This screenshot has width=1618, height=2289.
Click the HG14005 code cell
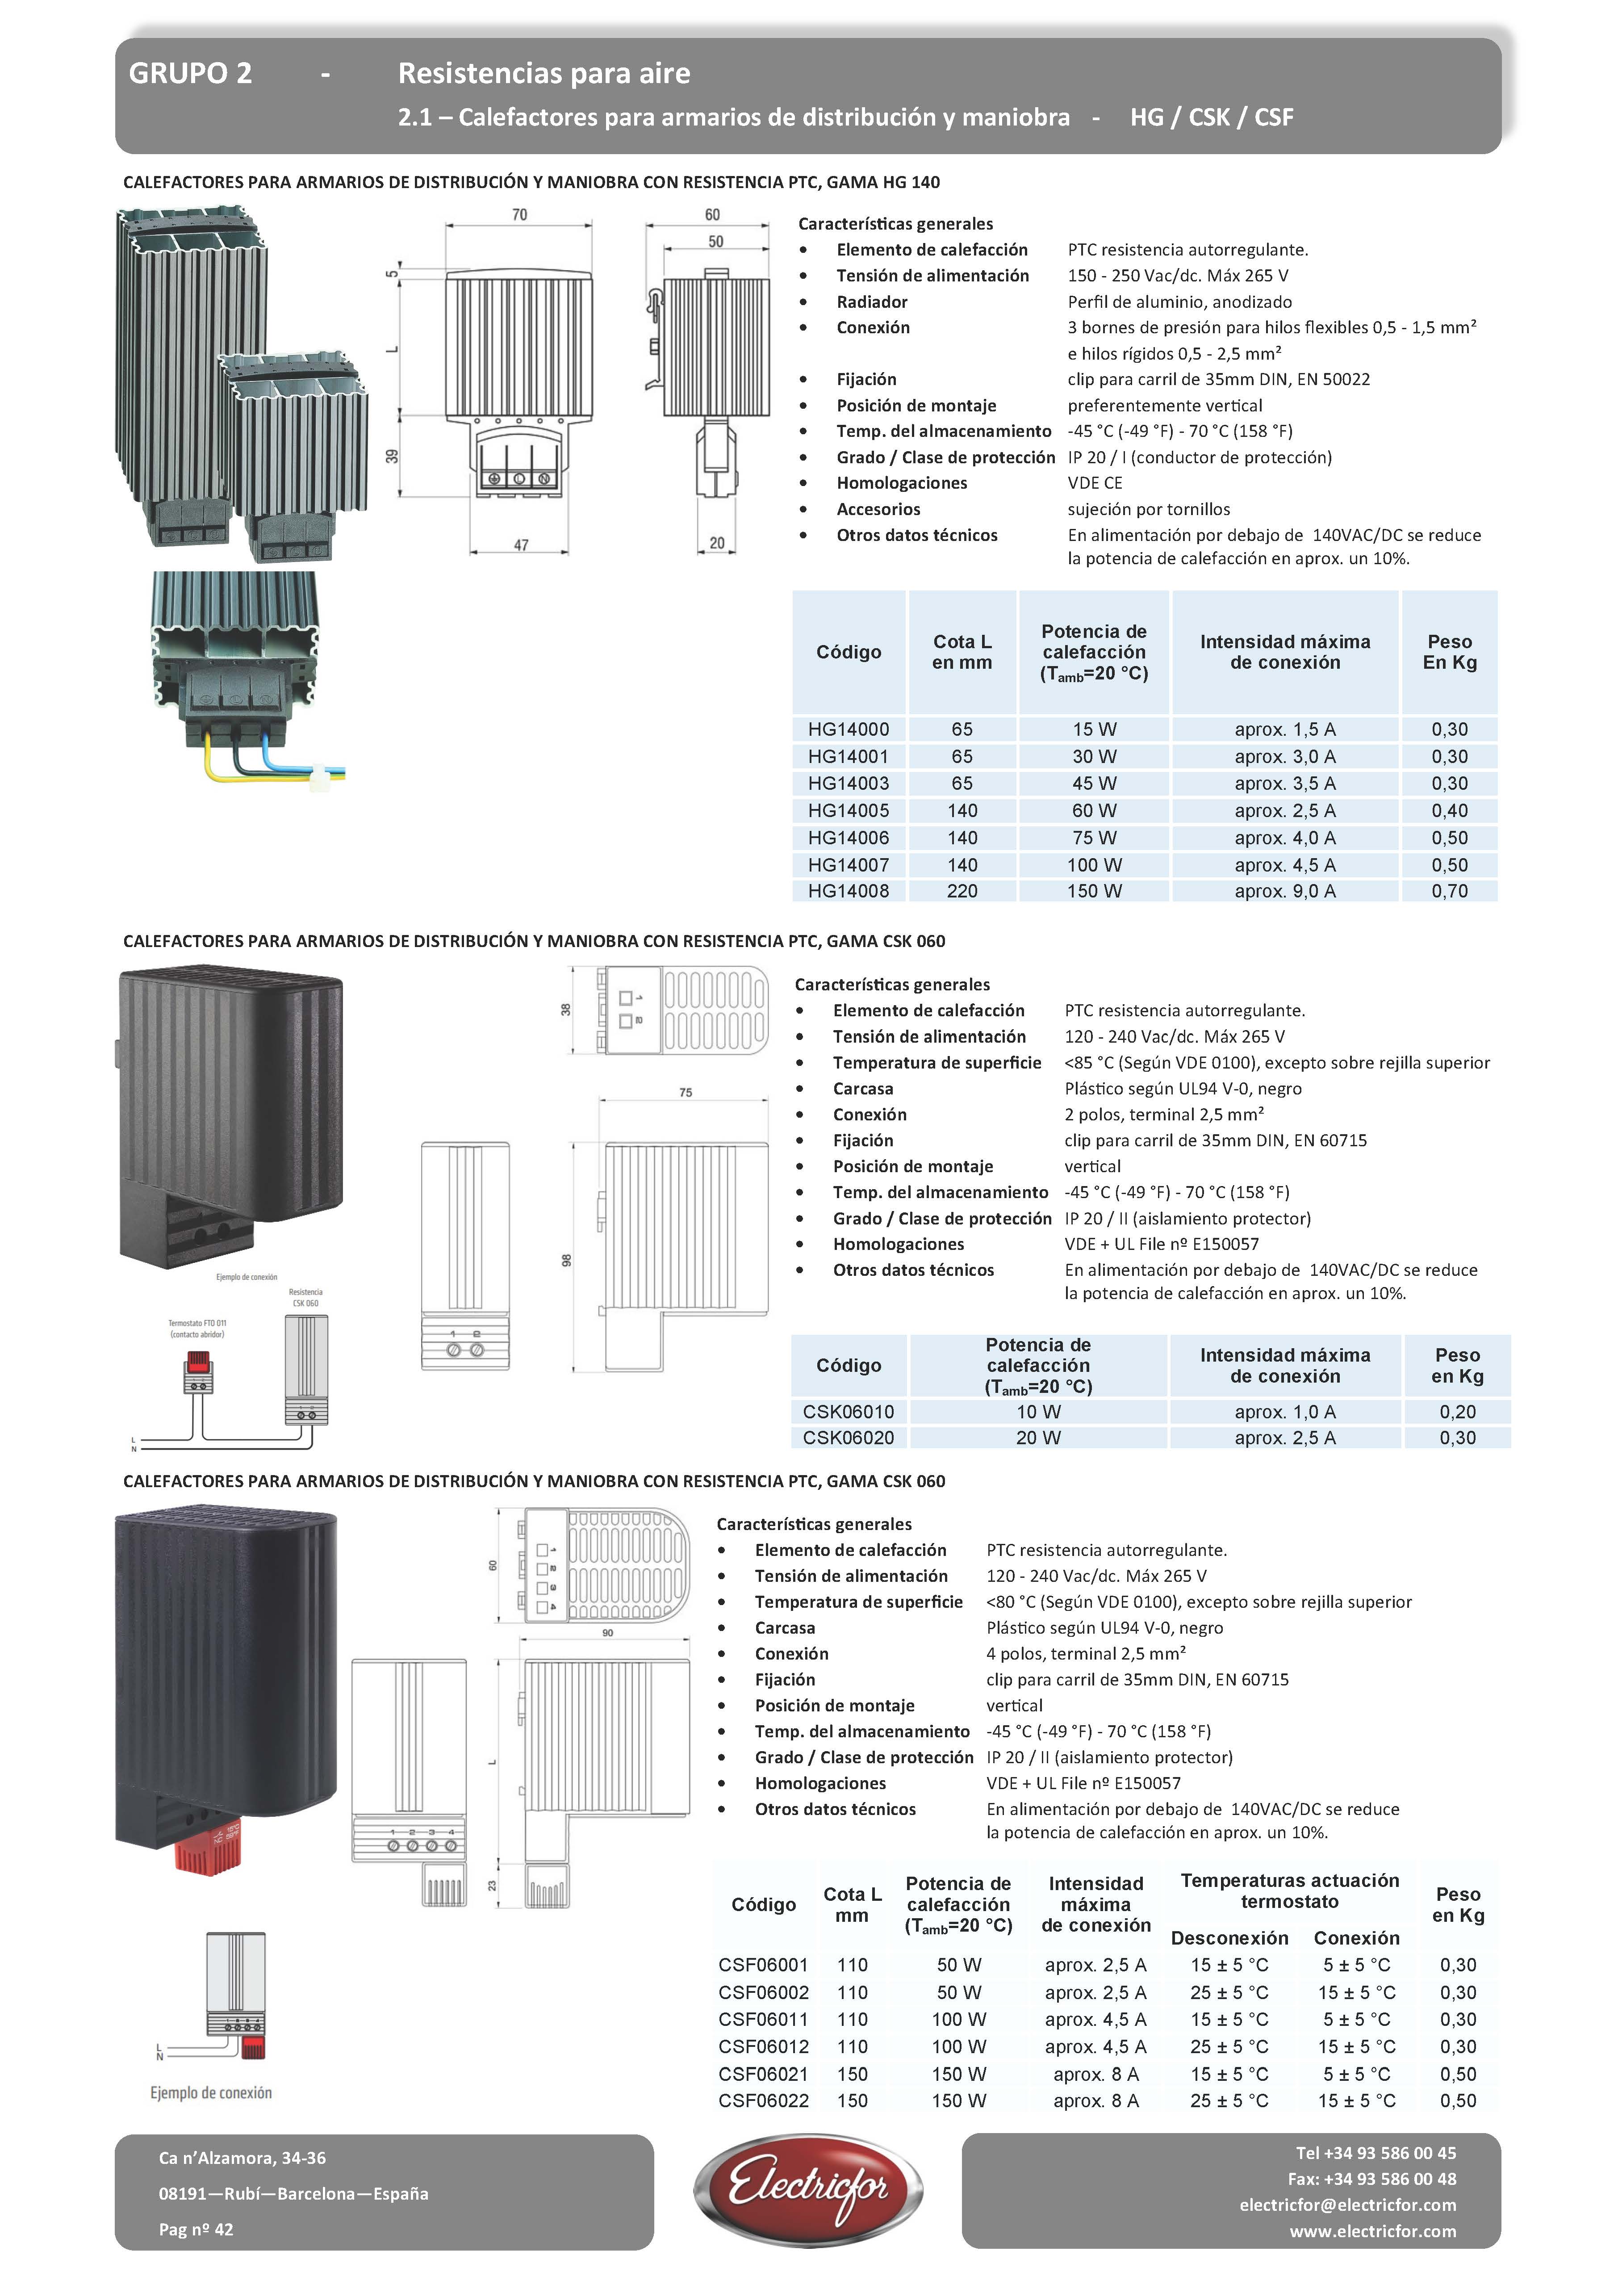849,810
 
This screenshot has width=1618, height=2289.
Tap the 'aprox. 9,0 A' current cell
1285,891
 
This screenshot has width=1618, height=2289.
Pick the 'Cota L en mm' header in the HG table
962,652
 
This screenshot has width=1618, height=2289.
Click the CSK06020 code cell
849,1438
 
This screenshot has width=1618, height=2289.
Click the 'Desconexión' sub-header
1229,1938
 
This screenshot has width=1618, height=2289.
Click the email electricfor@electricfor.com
1348,2205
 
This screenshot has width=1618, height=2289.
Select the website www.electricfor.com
1373,2231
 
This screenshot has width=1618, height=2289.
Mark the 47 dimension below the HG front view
521,545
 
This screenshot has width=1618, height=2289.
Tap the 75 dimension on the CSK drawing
686,1093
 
